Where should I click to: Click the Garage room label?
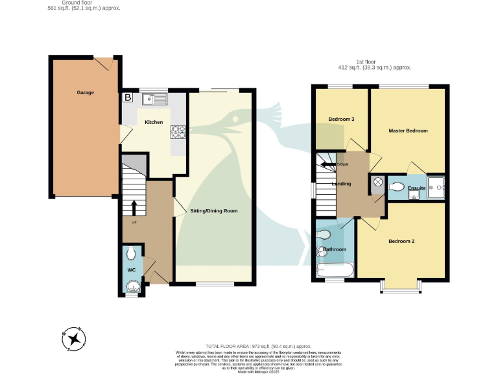[x=86, y=93]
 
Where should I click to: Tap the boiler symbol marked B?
[x=128, y=98]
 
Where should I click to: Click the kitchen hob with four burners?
[x=177, y=132]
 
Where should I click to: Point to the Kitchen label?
[x=154, y=122]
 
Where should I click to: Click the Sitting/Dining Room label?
[x=213, y=211]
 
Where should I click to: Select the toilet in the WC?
[x=132, y=252]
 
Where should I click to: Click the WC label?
[x=131, y=269]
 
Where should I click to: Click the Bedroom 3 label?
[x=341, y=119]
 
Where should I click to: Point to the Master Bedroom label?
[x=408, y=131]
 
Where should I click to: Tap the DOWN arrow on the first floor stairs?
[x=331, y=164]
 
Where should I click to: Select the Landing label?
[x=341, y=184]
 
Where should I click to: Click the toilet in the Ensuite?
[x=397, y=187]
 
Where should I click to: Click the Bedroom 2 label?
[x=401, y=242]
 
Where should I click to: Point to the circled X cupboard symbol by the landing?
[x=376, y=183]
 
